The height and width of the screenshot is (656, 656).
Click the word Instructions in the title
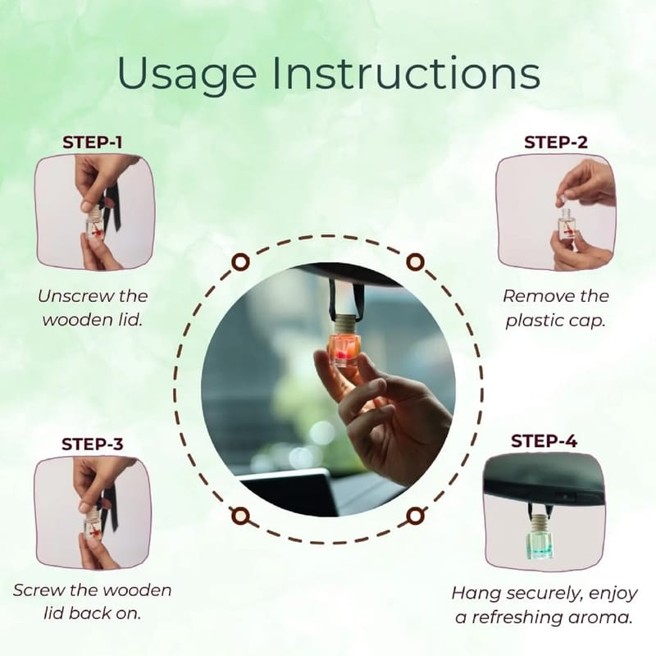[x=406, y=72]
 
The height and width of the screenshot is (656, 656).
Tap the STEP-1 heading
[x=93, y=143]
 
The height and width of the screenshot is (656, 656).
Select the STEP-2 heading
[x=556, y=143]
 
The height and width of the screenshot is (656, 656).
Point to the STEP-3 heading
[x=93, y=444]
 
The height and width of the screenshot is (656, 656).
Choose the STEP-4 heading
[x=544, y=441]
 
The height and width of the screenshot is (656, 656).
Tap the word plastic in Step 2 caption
[x=531, y=321]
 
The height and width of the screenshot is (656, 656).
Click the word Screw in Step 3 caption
[x=38, y=590]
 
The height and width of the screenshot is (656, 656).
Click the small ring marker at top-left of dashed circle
[x=240, y=262]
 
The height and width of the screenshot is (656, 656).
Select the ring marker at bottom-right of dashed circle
[x=415, y=516]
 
